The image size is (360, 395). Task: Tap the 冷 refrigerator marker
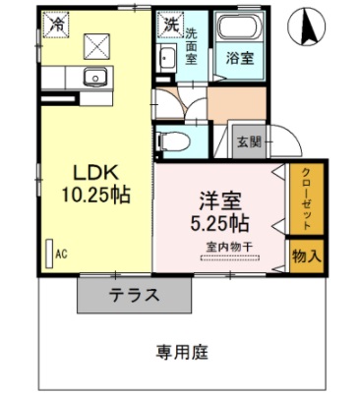pyautogui.click(x=58, y=22)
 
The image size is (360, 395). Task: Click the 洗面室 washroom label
pyautogui.click(x=192, y=44)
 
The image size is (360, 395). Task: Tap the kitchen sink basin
pyautogui.click(x=95, y=79)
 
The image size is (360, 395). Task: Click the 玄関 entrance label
pyautogui.click(x=248, y=141)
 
